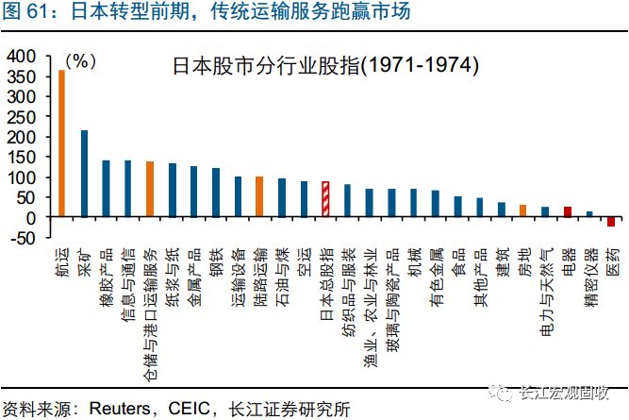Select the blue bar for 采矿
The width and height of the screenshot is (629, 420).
point(84,174)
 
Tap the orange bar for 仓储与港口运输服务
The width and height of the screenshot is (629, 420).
point(150,189)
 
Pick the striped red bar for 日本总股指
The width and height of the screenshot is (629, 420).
point(325,199)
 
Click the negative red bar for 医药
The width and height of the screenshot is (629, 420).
point(611,222)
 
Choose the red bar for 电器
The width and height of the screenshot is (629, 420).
point(568,212)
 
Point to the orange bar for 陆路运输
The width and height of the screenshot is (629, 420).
point(259,196)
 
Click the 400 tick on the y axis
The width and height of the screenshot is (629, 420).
point(19,56)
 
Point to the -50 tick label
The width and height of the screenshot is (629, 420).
point(19,237)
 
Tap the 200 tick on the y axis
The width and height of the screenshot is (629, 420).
point(19,137)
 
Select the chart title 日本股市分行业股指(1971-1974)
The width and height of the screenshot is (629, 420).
point(325,67)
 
